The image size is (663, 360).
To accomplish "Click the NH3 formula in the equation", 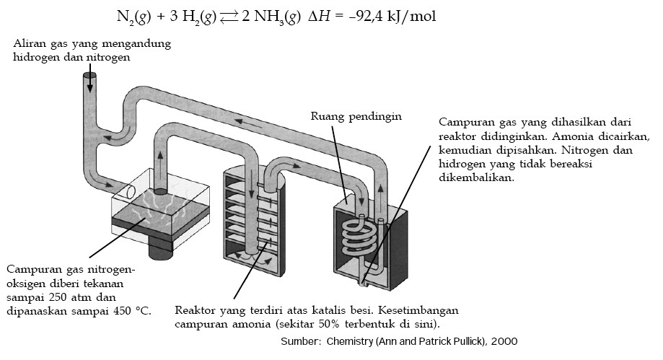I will click(x=270, y=16).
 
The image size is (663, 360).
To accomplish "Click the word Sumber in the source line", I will click(x=299, y=341).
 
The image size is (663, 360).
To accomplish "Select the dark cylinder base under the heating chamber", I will click(x=159, y=248).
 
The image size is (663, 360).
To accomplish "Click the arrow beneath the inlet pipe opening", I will click(x=90, y=87).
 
